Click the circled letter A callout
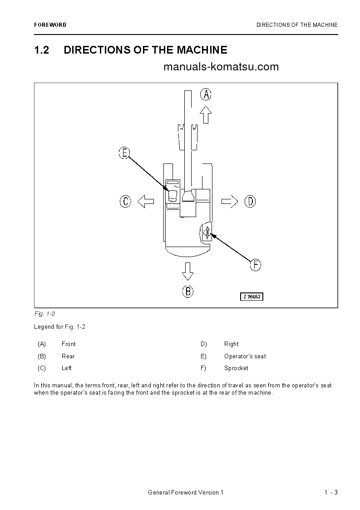coord(206,94)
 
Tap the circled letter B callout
coord(188,291)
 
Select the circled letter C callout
coord(126,201)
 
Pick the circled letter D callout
coord(250,201)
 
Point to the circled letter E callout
coord(124,153)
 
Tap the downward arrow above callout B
coord(187,271)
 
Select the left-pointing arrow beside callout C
coord(146,201)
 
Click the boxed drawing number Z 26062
coord(252,297)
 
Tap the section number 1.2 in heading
coord(42,50)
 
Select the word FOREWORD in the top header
coord(50,25)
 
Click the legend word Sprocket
coord(236,368)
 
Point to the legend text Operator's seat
coord(245,357)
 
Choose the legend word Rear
coord(68,357)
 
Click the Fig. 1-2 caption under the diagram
coord(44,314)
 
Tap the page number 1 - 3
coord(331,493)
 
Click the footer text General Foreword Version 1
coord(186,493)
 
